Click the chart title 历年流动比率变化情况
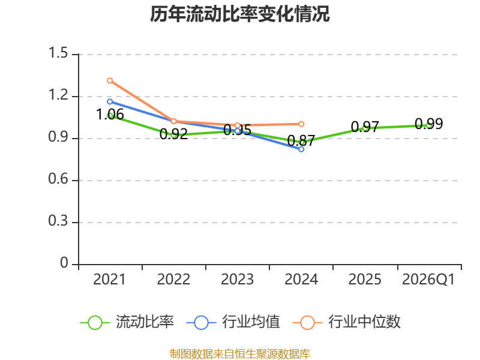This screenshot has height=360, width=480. [x=239, y=14]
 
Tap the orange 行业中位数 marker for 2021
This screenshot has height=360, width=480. [x=110, y=80]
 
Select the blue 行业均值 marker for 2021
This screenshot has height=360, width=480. [x=110, y=101]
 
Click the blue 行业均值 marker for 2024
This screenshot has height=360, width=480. [x=301, y=149]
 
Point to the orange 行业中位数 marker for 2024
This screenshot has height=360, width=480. [x=301, y=124]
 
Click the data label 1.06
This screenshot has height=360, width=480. [x=110, y=115]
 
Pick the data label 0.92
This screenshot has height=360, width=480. [x=173, y=134]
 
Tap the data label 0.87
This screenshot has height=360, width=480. [x=301, y=141]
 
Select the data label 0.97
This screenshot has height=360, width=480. [x=365, y=127]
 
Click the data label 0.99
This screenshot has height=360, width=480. [x=429, y=124]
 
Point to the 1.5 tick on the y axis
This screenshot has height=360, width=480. [x=58, y=53]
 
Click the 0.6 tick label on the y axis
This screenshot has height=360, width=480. [x=58, y=179]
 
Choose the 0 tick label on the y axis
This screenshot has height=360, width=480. [x=64, y=263]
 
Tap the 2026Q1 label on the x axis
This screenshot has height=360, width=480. [x=428, y=279]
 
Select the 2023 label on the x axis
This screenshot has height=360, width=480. [x=237, y=279]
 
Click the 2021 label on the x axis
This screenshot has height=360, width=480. [x=110, y=279]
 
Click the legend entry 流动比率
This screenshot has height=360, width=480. [x=127, y=322]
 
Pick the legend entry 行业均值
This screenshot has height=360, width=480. [x=233, y=322]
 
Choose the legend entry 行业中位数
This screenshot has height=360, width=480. [x=347, y=322]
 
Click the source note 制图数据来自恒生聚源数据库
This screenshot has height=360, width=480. [x=239, y=354]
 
